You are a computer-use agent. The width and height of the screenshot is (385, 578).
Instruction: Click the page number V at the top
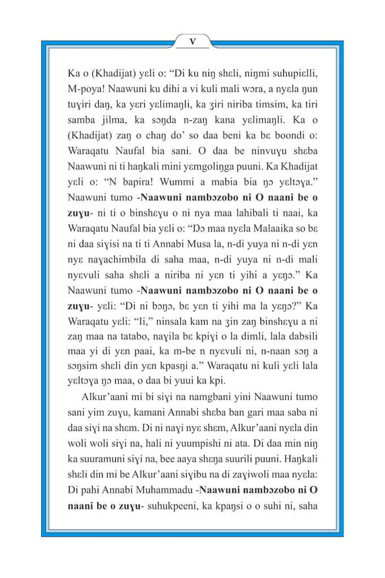tap(192, 41)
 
